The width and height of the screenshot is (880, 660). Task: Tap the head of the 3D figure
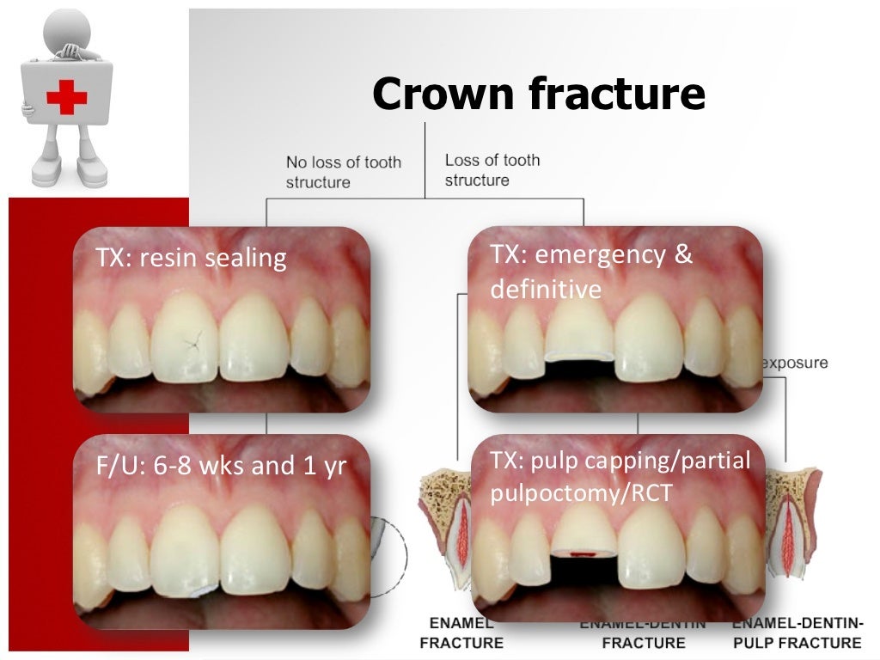coord(68,27)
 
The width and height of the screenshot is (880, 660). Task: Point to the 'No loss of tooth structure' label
coord(343,172)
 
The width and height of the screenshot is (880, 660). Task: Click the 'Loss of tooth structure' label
coord(492,170)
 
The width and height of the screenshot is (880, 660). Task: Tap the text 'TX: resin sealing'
coord(191,258)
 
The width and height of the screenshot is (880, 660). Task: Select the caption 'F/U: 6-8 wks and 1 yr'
coord(221,467)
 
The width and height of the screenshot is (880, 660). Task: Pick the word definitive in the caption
coord(546,290)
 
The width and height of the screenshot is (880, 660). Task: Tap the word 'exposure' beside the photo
coord(794,363)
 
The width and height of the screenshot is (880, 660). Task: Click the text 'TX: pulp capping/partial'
coord(620,461)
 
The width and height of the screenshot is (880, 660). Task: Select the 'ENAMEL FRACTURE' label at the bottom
coord(461,632)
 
